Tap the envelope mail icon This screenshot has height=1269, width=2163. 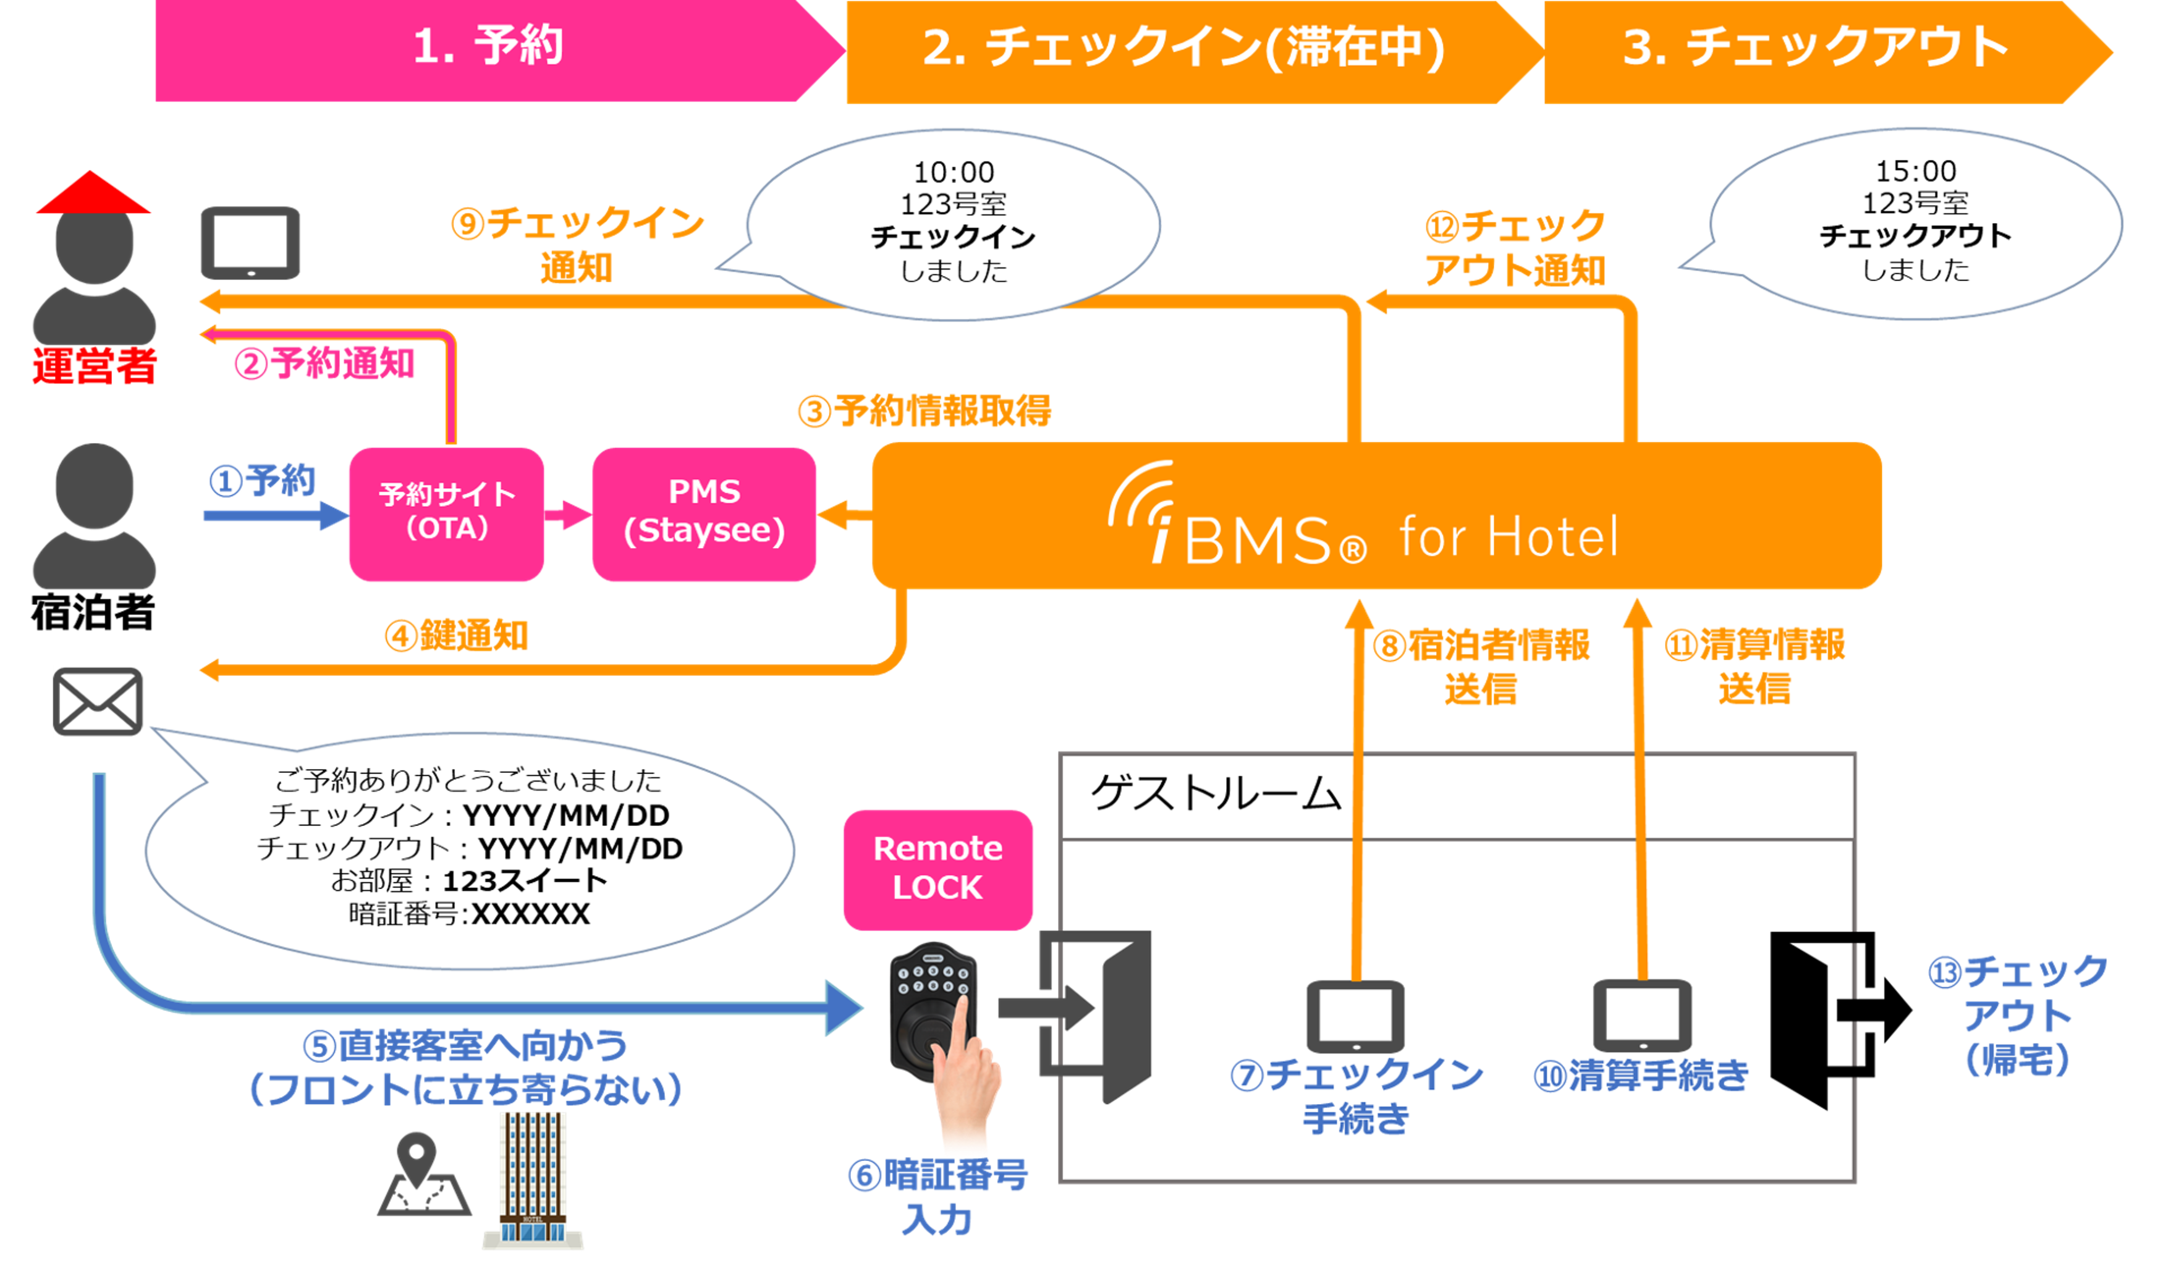(98, 702)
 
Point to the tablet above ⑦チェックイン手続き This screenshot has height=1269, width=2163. (1355, 1017)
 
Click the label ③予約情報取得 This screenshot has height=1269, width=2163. (925, 411)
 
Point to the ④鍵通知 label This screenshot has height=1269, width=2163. (456, 636)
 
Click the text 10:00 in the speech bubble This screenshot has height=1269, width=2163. (954, 172)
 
